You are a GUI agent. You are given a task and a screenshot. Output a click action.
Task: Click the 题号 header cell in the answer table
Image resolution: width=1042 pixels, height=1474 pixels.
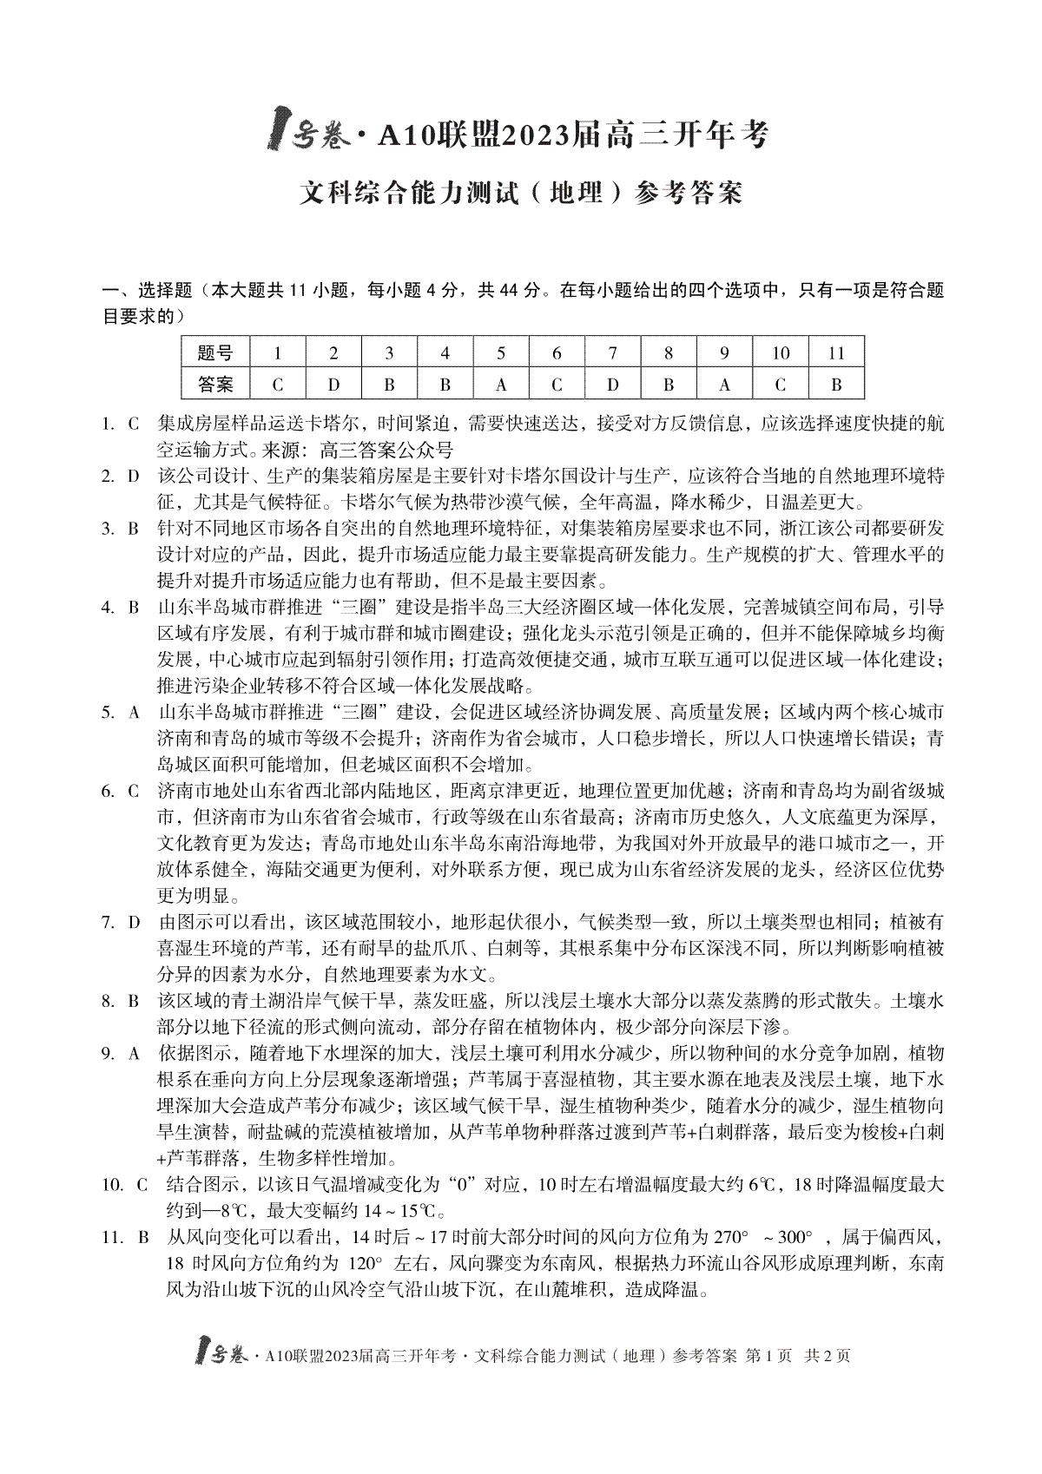(x=215, y=353)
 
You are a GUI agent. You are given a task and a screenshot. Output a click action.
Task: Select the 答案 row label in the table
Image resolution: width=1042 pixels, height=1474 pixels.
(x=215, y=384)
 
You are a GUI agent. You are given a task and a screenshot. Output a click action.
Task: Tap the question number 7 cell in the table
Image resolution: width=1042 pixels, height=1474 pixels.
(x=612, y=353)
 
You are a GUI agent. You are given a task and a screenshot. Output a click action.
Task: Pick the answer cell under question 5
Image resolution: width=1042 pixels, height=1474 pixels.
(x=501, y=384)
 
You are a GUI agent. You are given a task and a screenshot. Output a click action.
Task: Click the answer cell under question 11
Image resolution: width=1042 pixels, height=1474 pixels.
(x=836, y=384)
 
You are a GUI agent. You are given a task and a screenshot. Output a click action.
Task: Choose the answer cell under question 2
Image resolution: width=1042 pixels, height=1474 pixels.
(x=333, y=384)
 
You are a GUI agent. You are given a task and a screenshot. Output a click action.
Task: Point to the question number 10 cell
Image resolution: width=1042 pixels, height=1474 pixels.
(x=781, y=353)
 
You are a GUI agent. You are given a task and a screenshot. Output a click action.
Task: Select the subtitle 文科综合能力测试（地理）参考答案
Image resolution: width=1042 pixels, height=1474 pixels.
(x=521, y=192)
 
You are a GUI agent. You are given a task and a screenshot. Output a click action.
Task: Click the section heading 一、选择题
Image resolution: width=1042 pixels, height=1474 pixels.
(x=146, y=291)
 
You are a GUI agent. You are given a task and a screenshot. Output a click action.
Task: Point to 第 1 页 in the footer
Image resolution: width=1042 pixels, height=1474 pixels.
(x=768, y=1355)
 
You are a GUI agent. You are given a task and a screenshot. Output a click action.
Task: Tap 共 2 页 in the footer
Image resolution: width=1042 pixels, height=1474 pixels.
(x=828, y=1355)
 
